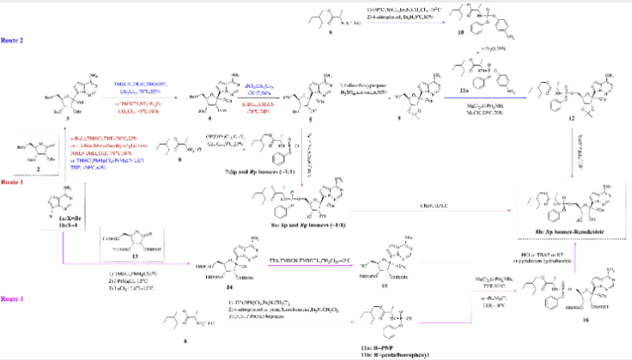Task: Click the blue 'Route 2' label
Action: (12, 39)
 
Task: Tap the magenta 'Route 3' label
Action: (12, 298)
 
